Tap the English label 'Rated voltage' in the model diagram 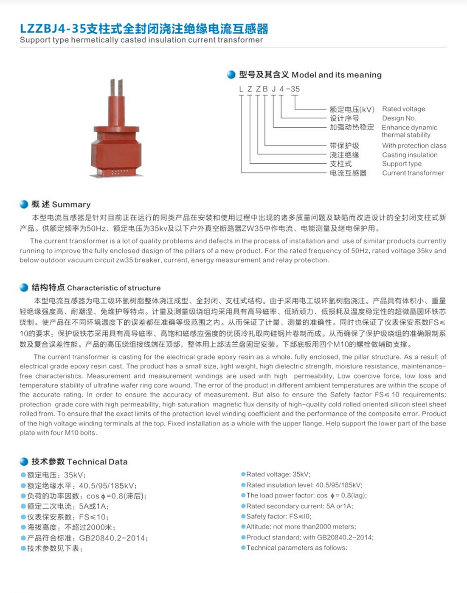pos(403,109)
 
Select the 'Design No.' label pos(399,118)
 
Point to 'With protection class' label pos(414,145)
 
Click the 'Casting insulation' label pos(410,155)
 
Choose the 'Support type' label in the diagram pos(402,164)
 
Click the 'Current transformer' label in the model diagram pos(413,173)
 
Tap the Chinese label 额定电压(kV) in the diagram pos(352,109)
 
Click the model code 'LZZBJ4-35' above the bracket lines pos(269,89)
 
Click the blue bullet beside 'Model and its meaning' pos(231,75)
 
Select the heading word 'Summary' pos(71,204)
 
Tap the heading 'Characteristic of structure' pos(114,288)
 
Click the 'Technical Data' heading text pos(97,462)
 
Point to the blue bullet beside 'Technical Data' pos(24,462)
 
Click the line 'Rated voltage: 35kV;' pos(278,474)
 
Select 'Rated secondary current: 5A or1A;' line pos(299,506)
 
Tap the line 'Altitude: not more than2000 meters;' pos(301,527)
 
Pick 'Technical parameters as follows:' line pos(296,548)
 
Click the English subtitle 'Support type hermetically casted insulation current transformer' pos(141,40)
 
